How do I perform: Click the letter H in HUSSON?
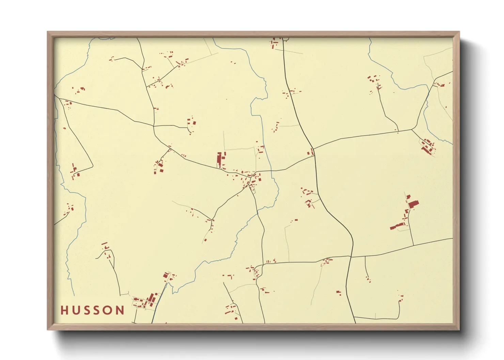[x=64, y=310]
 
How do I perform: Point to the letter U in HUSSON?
[x=76, y=310]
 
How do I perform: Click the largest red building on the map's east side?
[x=413, y=204]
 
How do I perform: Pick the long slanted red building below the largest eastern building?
[x=396, y=226]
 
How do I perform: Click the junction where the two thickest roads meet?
[x=314, y=156]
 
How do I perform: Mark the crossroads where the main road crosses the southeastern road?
[x=351, y=256]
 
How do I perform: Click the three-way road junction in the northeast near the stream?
[x=412, y=130]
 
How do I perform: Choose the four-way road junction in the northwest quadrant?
[x=154, y=126]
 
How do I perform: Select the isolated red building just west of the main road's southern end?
[x=338, y=292]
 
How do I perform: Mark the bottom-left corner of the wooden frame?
[x=48, y=330]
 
